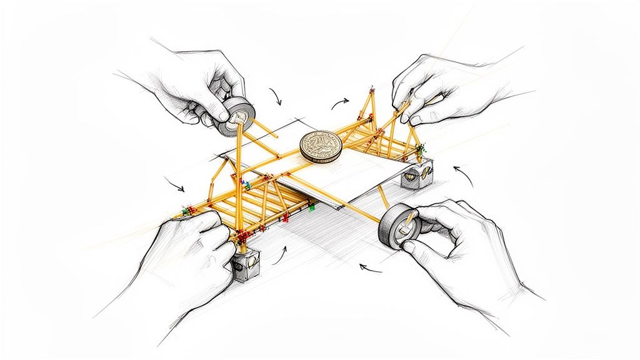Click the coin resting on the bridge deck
[319, 147]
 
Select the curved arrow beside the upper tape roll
[275, 96]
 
